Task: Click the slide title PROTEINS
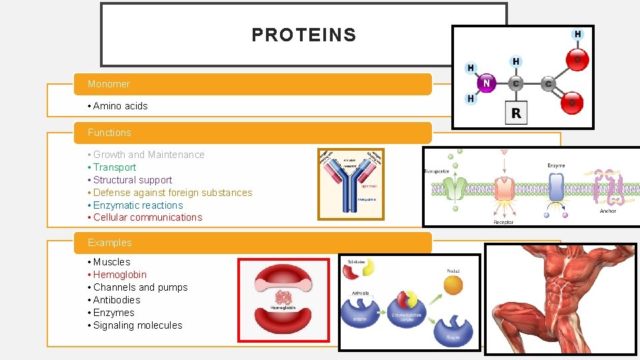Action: click(x=303, y=35)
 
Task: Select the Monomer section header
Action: click(x=109, y=84)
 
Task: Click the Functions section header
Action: click(x=109, y=133)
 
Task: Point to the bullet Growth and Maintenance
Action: click(x=149, y=155)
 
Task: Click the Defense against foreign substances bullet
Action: click(x=173, y=193)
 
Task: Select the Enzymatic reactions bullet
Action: click(x=137, y=205)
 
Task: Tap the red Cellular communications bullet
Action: click(x=147, y=217)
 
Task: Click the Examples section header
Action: click(x=110, y=243)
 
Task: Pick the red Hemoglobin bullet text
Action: click(x=119, y=275)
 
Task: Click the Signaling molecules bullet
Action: click(x=137, y=325)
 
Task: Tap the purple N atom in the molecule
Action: click(x=486, y=83)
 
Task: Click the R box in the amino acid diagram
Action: click(x=516, y=113)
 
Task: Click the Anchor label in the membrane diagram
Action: click(x=607, y=211)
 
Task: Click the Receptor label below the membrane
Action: click(x=503, y=222)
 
